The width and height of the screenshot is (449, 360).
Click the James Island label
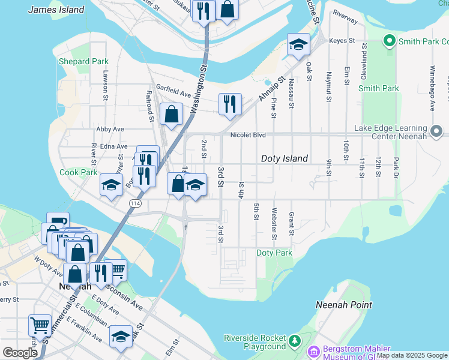coord(56,10)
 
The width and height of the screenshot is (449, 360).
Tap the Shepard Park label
coord(83,62)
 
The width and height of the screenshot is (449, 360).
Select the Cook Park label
coord(78,172)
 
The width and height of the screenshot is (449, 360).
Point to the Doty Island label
coord(285,158)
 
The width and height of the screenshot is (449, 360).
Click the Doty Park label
coord(274,253)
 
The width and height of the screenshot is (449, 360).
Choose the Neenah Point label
coord(344,305)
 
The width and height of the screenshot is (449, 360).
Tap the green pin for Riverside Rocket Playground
coord(294,341)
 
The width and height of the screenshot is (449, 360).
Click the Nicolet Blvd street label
coord(248,134)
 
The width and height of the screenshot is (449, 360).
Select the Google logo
coord(20,353)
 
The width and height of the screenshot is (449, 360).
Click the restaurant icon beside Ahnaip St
coord(230,104)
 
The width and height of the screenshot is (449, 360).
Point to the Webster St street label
coord(274,223)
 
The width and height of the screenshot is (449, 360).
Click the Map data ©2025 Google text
coord(412,355)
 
